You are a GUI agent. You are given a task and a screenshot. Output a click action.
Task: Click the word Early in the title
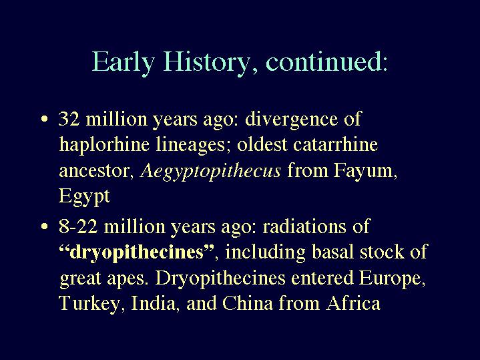(123, 61)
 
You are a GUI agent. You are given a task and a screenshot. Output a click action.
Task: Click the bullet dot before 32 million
(45, 119)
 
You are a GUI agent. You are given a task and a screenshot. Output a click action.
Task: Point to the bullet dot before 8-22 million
(45, 226)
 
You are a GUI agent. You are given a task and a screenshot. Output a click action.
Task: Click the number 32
(69, 119)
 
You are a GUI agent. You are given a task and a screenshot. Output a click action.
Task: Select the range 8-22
(78, 226)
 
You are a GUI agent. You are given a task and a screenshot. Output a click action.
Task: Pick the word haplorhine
(104, 145)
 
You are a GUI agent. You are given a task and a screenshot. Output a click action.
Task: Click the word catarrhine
(335, 144)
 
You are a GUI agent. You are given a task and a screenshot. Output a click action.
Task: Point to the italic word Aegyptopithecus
(210, 171)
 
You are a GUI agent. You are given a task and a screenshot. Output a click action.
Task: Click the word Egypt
(84, 197)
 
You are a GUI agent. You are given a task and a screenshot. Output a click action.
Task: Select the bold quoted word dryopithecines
(136, 253)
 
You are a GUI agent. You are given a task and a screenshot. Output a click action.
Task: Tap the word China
(248, 303)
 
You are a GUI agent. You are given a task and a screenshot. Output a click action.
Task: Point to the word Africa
(353, 303)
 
